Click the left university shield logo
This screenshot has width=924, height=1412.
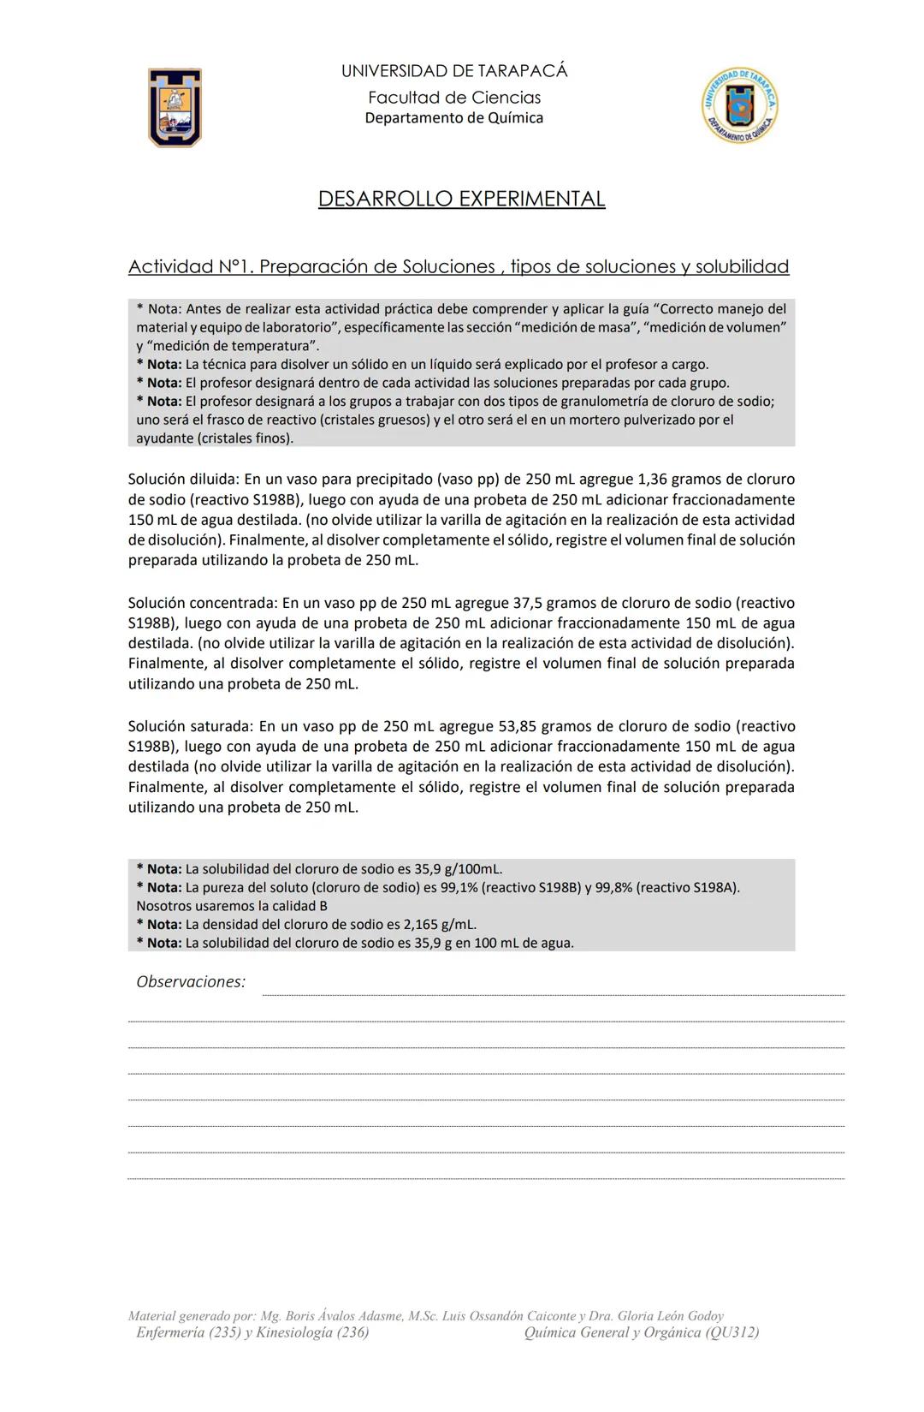coord(175,107)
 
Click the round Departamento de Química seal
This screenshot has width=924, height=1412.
coord(740,105)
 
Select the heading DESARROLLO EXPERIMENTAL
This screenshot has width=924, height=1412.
coord(461,199)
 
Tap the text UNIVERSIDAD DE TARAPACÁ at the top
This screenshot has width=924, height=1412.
coord(454,71)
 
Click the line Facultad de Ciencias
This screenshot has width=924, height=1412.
coord(454,98)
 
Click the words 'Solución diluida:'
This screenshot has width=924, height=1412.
coord(184,480)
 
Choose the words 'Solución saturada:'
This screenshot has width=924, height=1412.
coord(190,726)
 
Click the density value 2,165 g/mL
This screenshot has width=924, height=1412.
coord(427,925)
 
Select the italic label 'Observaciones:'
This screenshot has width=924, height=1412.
coord(191,982)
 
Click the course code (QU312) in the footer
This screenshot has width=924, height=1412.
coord(732,1332)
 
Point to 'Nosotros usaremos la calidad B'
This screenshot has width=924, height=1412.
coord(232,906)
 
